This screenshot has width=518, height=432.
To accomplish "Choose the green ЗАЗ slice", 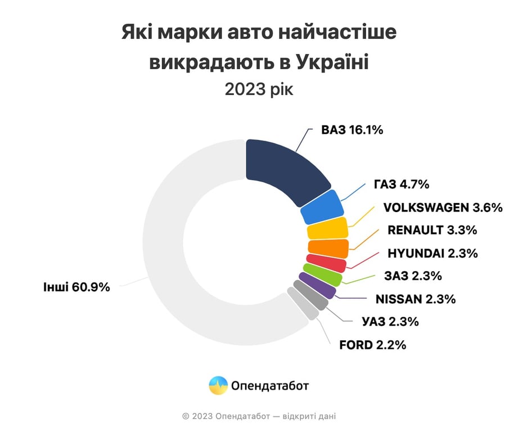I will (322, 275).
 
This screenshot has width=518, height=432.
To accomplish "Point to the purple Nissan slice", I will (317, 285).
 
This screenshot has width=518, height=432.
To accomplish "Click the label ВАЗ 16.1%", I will (352, 130).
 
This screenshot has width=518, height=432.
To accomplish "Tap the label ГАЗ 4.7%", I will (402, 184).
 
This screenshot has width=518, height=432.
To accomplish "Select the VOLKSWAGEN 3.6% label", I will (443, 207).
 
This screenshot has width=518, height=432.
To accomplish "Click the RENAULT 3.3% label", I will (432, 230).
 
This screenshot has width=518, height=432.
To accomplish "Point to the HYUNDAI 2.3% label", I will (433, 253).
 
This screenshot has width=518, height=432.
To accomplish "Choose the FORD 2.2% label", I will (372, 345).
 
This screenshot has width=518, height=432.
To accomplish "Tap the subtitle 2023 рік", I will (259, 89).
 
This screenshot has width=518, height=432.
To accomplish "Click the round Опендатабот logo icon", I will (218, 386).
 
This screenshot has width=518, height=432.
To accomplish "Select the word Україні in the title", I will (331, 61).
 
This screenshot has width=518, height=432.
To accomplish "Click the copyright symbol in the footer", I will (186, 416).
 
